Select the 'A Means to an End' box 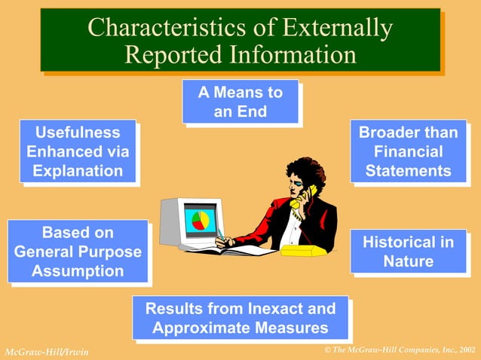240,102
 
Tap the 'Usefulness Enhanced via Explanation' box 78,151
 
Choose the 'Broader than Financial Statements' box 408,151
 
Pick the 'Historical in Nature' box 408,252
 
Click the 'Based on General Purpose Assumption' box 78,252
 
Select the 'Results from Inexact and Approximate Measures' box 240,318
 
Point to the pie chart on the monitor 201,221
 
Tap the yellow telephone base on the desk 303,249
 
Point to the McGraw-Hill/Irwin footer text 47,352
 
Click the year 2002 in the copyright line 467,350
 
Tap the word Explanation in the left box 78,171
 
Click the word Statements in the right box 408,171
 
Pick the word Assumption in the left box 78,270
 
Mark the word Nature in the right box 408,261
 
